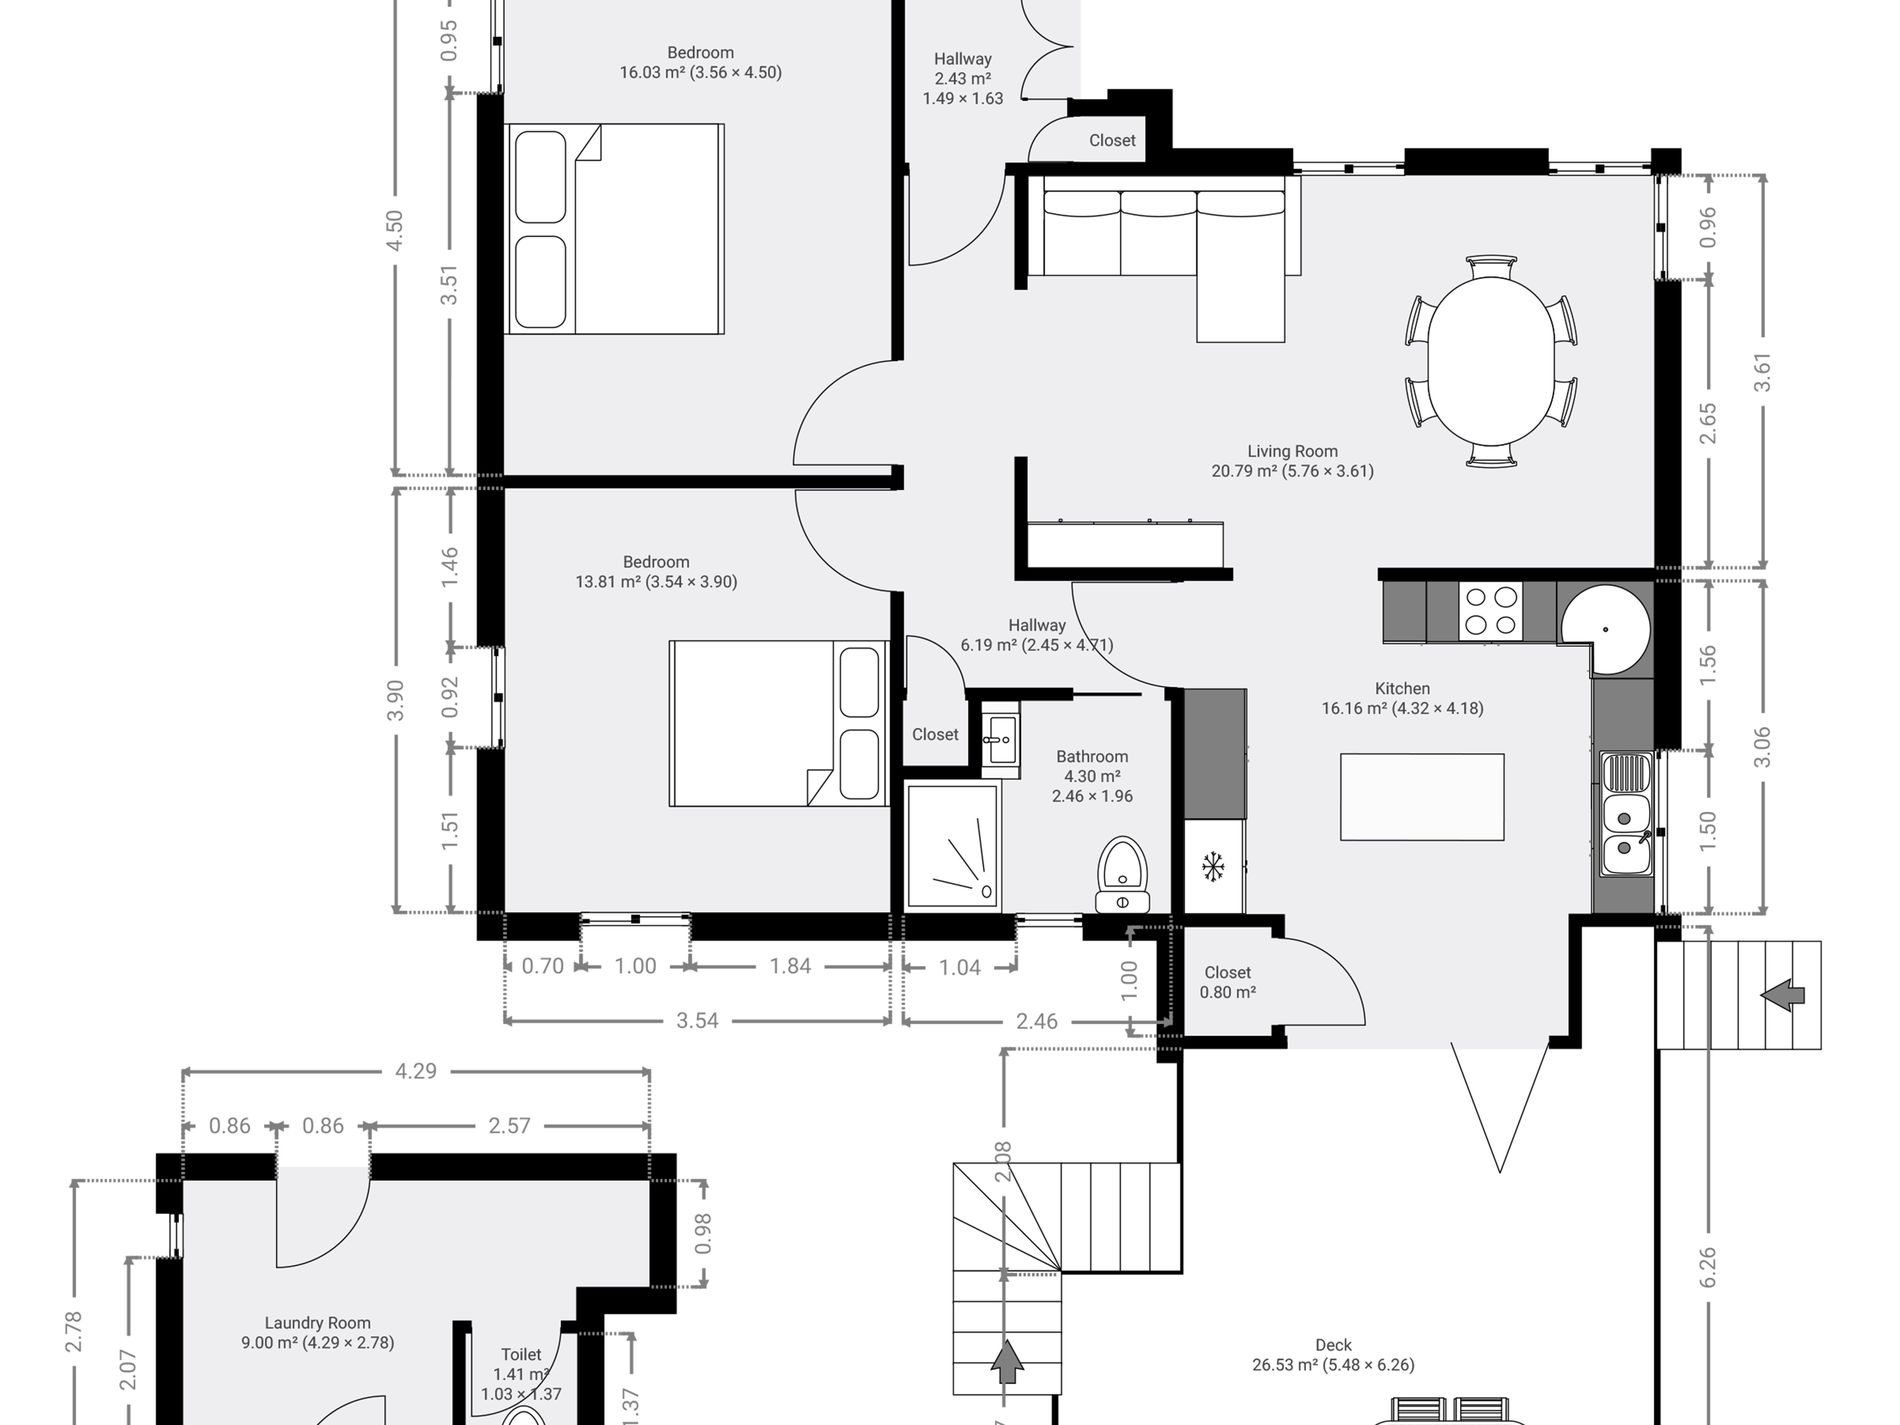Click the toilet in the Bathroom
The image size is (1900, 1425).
coord(1123,875)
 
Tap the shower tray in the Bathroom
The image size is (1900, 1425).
coord(953,846)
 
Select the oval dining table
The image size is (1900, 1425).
coord(1491,361)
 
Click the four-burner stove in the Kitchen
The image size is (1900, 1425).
coord(1491,612)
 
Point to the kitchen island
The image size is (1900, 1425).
coord(1422,797)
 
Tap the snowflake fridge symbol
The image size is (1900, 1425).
coord(1213,866)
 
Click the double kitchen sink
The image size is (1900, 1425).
coord(1626,814)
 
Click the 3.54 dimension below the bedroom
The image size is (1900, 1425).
coord(697,1021)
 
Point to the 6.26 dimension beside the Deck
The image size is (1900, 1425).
coord(1707,1266)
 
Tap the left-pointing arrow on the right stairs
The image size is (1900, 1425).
coord(1782,995)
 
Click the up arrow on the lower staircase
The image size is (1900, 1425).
coord(1007,1362)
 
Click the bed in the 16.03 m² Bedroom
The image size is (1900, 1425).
coord(615,229)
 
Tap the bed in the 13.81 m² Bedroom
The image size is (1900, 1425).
coord(779,723)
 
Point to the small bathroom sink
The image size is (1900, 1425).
coord(1000,741)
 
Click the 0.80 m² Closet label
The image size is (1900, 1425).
coord(1227,982)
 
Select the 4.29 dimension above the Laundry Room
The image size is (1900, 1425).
coord(416,1071)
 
